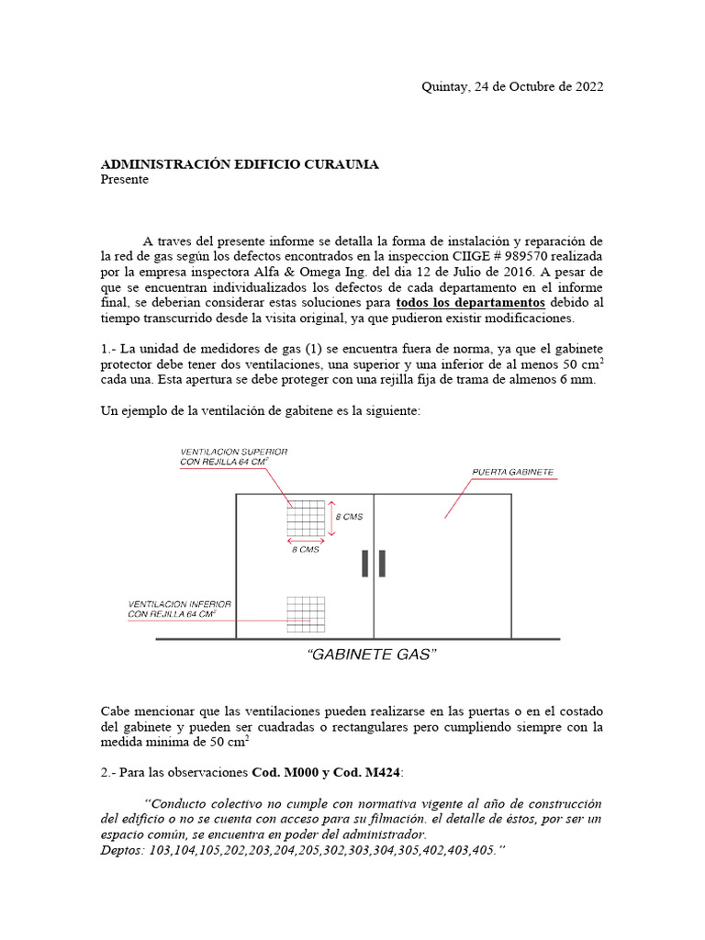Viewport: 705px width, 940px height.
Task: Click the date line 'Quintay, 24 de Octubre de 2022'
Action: click(511, 87)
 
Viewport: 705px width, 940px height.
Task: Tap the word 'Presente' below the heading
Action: click(124, 180)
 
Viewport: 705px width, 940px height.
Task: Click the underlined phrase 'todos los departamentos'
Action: click(470, 303)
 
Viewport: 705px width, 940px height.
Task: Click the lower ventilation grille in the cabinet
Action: click(306, 614)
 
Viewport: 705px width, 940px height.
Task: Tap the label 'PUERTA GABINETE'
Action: click(512, 472)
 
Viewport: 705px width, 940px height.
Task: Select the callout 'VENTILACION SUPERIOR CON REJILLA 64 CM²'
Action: click(234, 457)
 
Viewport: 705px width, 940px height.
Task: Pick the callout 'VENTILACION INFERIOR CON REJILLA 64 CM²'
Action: click(179, 609)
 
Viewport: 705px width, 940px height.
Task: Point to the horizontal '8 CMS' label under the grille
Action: click(306, 549)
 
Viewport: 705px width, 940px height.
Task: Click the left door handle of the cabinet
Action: click(365, 564)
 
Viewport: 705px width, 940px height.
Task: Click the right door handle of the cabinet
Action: click(381, 564)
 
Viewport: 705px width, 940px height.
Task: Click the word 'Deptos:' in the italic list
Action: click(122, 851)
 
